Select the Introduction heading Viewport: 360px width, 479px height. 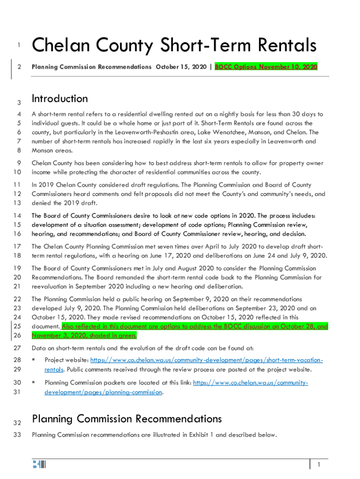point(59,99)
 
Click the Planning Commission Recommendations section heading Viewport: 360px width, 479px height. point(127,419)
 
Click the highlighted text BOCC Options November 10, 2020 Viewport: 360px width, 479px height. point(266,67)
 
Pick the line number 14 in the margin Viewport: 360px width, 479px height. point(18,216)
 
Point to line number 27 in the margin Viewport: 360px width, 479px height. point(18,348)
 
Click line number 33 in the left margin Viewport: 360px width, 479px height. point(18,435)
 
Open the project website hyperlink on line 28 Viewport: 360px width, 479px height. point(206,360)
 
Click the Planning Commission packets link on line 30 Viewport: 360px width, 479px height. point(250,383)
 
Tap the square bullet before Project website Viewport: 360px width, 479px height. point(34,360)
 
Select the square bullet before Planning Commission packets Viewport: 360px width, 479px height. point(34,383)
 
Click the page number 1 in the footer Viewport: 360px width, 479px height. point(318,464)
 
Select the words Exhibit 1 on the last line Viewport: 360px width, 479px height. point(202,435)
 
